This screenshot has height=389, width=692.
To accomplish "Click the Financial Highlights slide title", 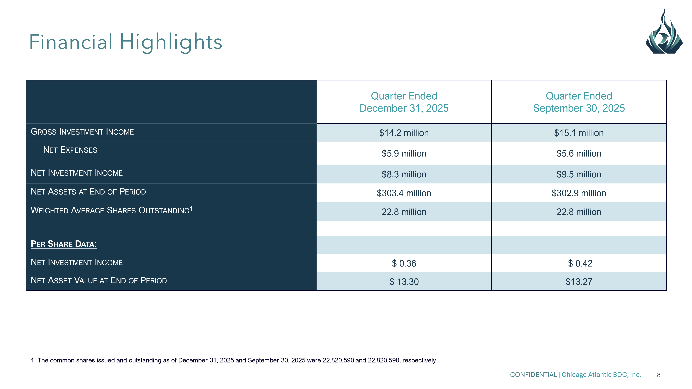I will pyautogui.click(x=125, y=42).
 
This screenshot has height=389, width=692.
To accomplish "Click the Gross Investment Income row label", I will pyautogui.click(x=82, y=132).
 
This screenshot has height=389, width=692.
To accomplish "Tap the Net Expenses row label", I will pyautogui.click(x=70, y=150).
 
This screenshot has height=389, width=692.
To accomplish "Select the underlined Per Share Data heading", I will pyautogui.click(x=64, y=244).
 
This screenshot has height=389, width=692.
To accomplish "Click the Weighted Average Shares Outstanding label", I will pyautogui.click(x=111, y=210).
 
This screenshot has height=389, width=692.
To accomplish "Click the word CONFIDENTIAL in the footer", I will pyautogui.click(x=533, y=375).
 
